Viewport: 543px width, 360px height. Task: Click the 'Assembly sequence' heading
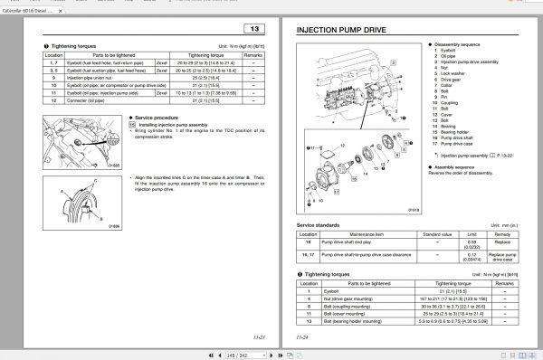pyautogui.click(x=458, y=167)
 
